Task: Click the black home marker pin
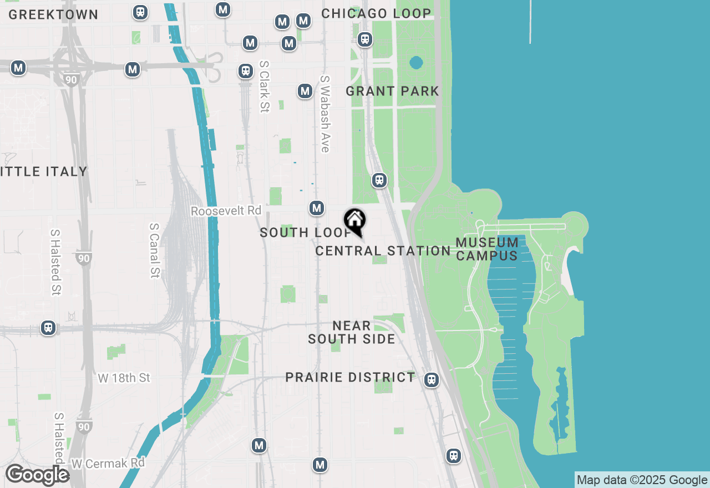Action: [x=355, y=222]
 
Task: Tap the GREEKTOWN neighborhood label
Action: [x=53, y=14]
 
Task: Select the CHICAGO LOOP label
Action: [x=376, y=13]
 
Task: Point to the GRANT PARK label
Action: [x=392, y=91]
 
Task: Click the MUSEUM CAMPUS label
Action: [x=487, y=249]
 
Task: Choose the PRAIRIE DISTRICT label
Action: [x=350, y=378]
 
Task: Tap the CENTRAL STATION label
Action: [x=383, y=251]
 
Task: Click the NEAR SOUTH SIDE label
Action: [x=352, y=332]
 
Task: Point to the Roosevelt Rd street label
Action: [x=226, y=211]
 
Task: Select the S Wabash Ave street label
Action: [x=325, y=114]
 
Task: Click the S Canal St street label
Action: [x=155, y=250]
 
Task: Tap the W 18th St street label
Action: [x=124, y=378]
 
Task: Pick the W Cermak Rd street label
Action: [x=108, y=462]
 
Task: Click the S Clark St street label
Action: [x=264, y=87]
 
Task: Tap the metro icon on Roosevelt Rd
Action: [x=317, y=208]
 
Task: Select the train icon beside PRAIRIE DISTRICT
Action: [x=432, y=380]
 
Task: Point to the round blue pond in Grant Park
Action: [x=416, y=63]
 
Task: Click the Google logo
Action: [x=37, y=475]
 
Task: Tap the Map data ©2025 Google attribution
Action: [x=642, y=480]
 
